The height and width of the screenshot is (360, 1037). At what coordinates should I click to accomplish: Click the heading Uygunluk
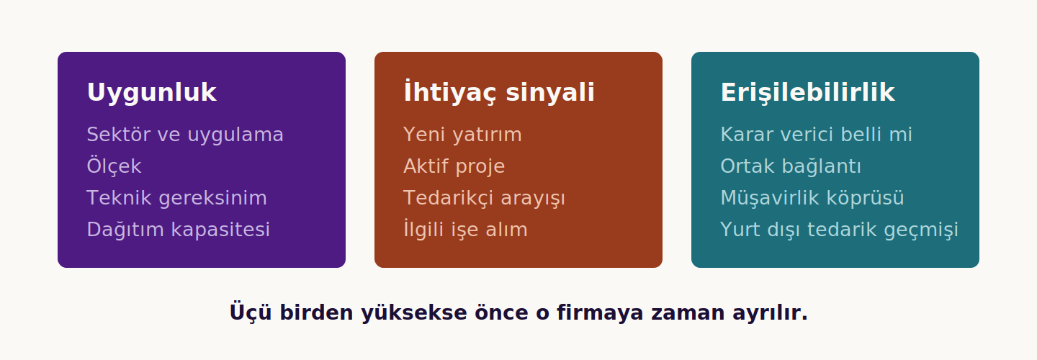point(151,93)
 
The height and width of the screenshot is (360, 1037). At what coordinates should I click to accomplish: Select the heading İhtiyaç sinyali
point(498,91)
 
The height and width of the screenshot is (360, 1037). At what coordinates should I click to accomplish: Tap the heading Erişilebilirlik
point(807,93)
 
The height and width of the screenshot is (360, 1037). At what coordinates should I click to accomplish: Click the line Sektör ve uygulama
point(184,135)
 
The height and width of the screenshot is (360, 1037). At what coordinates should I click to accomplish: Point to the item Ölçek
point(114,166)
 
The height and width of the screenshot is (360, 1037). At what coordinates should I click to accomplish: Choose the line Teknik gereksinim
point(176,198)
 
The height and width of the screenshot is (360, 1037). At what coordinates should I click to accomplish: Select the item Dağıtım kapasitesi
point(179,230)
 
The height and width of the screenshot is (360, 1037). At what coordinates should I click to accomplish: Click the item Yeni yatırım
point(462,135)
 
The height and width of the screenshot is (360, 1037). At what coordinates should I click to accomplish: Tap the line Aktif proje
point(454,166)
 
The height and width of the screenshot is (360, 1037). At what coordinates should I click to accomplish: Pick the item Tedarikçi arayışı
point(484,198)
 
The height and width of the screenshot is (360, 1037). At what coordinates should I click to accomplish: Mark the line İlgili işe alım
point(465,229)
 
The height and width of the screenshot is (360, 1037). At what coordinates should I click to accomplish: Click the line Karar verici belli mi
point(816,135)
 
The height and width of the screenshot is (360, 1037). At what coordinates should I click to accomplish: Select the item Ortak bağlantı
point(791,166)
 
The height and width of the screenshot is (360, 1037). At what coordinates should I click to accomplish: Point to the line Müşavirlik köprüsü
point(812,198)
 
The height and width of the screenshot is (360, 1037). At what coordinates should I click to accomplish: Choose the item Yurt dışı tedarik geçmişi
point(839,230)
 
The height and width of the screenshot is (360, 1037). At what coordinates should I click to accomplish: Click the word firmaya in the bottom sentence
point(600,313)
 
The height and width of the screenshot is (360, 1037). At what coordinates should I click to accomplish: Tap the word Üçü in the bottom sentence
point(251,312)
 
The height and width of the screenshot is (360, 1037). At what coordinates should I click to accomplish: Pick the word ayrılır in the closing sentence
point(770,313)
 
